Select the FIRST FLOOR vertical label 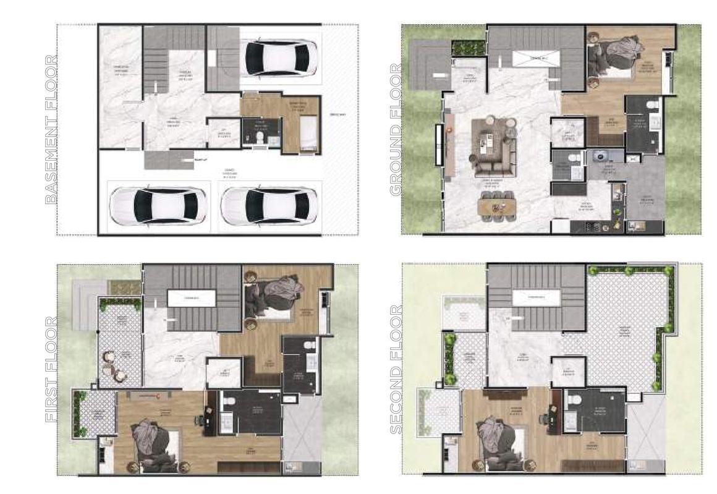[x=52, y=370]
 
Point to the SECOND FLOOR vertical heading [x=396, y=370]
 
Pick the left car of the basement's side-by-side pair [x=159, y=207]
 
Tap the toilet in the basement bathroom [x=260, y=135]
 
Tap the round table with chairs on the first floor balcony [x=116, y=365]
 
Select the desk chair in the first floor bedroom [x=199, y=420]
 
